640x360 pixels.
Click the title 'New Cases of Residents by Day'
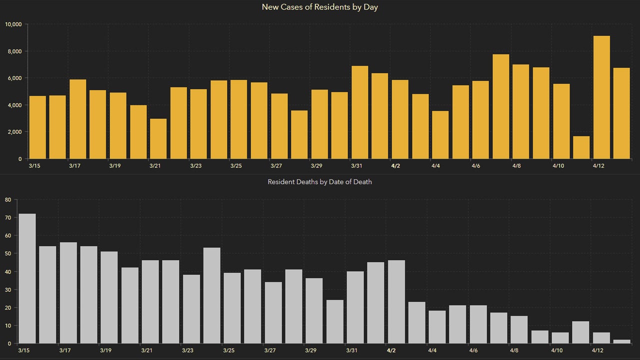(319, 7)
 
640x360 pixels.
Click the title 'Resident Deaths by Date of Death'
(319, 182)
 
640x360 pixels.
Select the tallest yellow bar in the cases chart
(601, 97)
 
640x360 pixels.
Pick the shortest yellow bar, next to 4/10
(581, 147)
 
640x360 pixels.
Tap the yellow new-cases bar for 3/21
(158, 138)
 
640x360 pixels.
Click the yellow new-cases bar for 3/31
(360, 112)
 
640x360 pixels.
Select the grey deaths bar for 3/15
(27, 278)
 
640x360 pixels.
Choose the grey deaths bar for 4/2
(396, 301)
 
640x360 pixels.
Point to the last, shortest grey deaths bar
(621, 341)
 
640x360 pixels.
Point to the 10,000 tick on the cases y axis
(13, 24)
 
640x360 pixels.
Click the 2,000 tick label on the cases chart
(14, 132)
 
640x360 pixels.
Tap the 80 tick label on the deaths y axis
(7, 200)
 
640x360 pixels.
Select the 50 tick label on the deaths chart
(7, 254)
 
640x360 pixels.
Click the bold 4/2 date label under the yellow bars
(395, 166)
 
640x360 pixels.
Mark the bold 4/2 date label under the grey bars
(391, 351)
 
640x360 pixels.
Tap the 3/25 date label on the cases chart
(235, 166)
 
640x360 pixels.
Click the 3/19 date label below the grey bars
(105, 351)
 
